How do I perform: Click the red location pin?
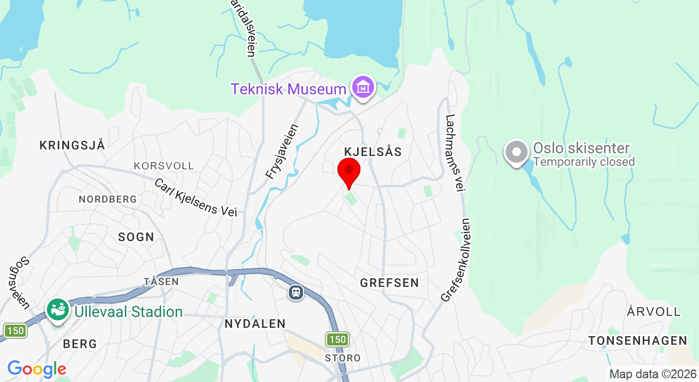coord(349,171)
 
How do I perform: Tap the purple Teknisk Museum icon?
coord(363,87)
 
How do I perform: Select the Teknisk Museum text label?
coord(288,89)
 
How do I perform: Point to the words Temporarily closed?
coord(584,162)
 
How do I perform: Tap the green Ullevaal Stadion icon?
coord(58,311)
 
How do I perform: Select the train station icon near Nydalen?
coord(296,293)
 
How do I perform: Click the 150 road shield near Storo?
coord(337,339)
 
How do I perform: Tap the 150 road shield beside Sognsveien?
coord(15,331)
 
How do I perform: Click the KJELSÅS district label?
coord(373,152)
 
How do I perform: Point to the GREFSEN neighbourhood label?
coord(389,283)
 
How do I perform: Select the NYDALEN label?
coord(255,324)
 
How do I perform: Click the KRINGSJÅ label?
coord(72,145)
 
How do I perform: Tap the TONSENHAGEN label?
coord(637,341)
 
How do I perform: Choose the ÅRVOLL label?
coord(654,312)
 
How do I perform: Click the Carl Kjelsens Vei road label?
coord(196,198)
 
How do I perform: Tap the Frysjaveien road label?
coord(282,152)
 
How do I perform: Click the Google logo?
coord(37,369)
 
